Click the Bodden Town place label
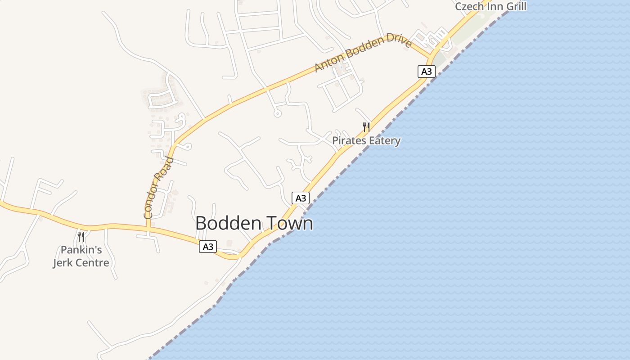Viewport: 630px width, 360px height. (x=254, y=224)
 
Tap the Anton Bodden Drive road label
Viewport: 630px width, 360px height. (x=363, y=54)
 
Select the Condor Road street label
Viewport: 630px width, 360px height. (x=158, y=188)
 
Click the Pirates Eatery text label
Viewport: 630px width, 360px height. (x=366, y=141)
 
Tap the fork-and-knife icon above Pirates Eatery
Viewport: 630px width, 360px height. (x=366, y=127)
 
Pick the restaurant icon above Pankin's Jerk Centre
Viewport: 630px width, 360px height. (x=81, y=237)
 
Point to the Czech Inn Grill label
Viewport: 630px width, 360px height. (x=490, y=6)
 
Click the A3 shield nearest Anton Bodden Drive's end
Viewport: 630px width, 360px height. (x=426, y=71)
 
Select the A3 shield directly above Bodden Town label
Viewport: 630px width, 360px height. (x=301, y=198)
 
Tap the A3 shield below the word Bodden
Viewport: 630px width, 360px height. (x=208, y=247)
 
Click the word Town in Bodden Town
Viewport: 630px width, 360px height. (x=291, y=224)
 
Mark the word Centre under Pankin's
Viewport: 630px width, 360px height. (x=94, y=263)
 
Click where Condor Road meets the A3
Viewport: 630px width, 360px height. (x=148, y=229)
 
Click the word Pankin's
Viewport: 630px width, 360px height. (x=81, y=250)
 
